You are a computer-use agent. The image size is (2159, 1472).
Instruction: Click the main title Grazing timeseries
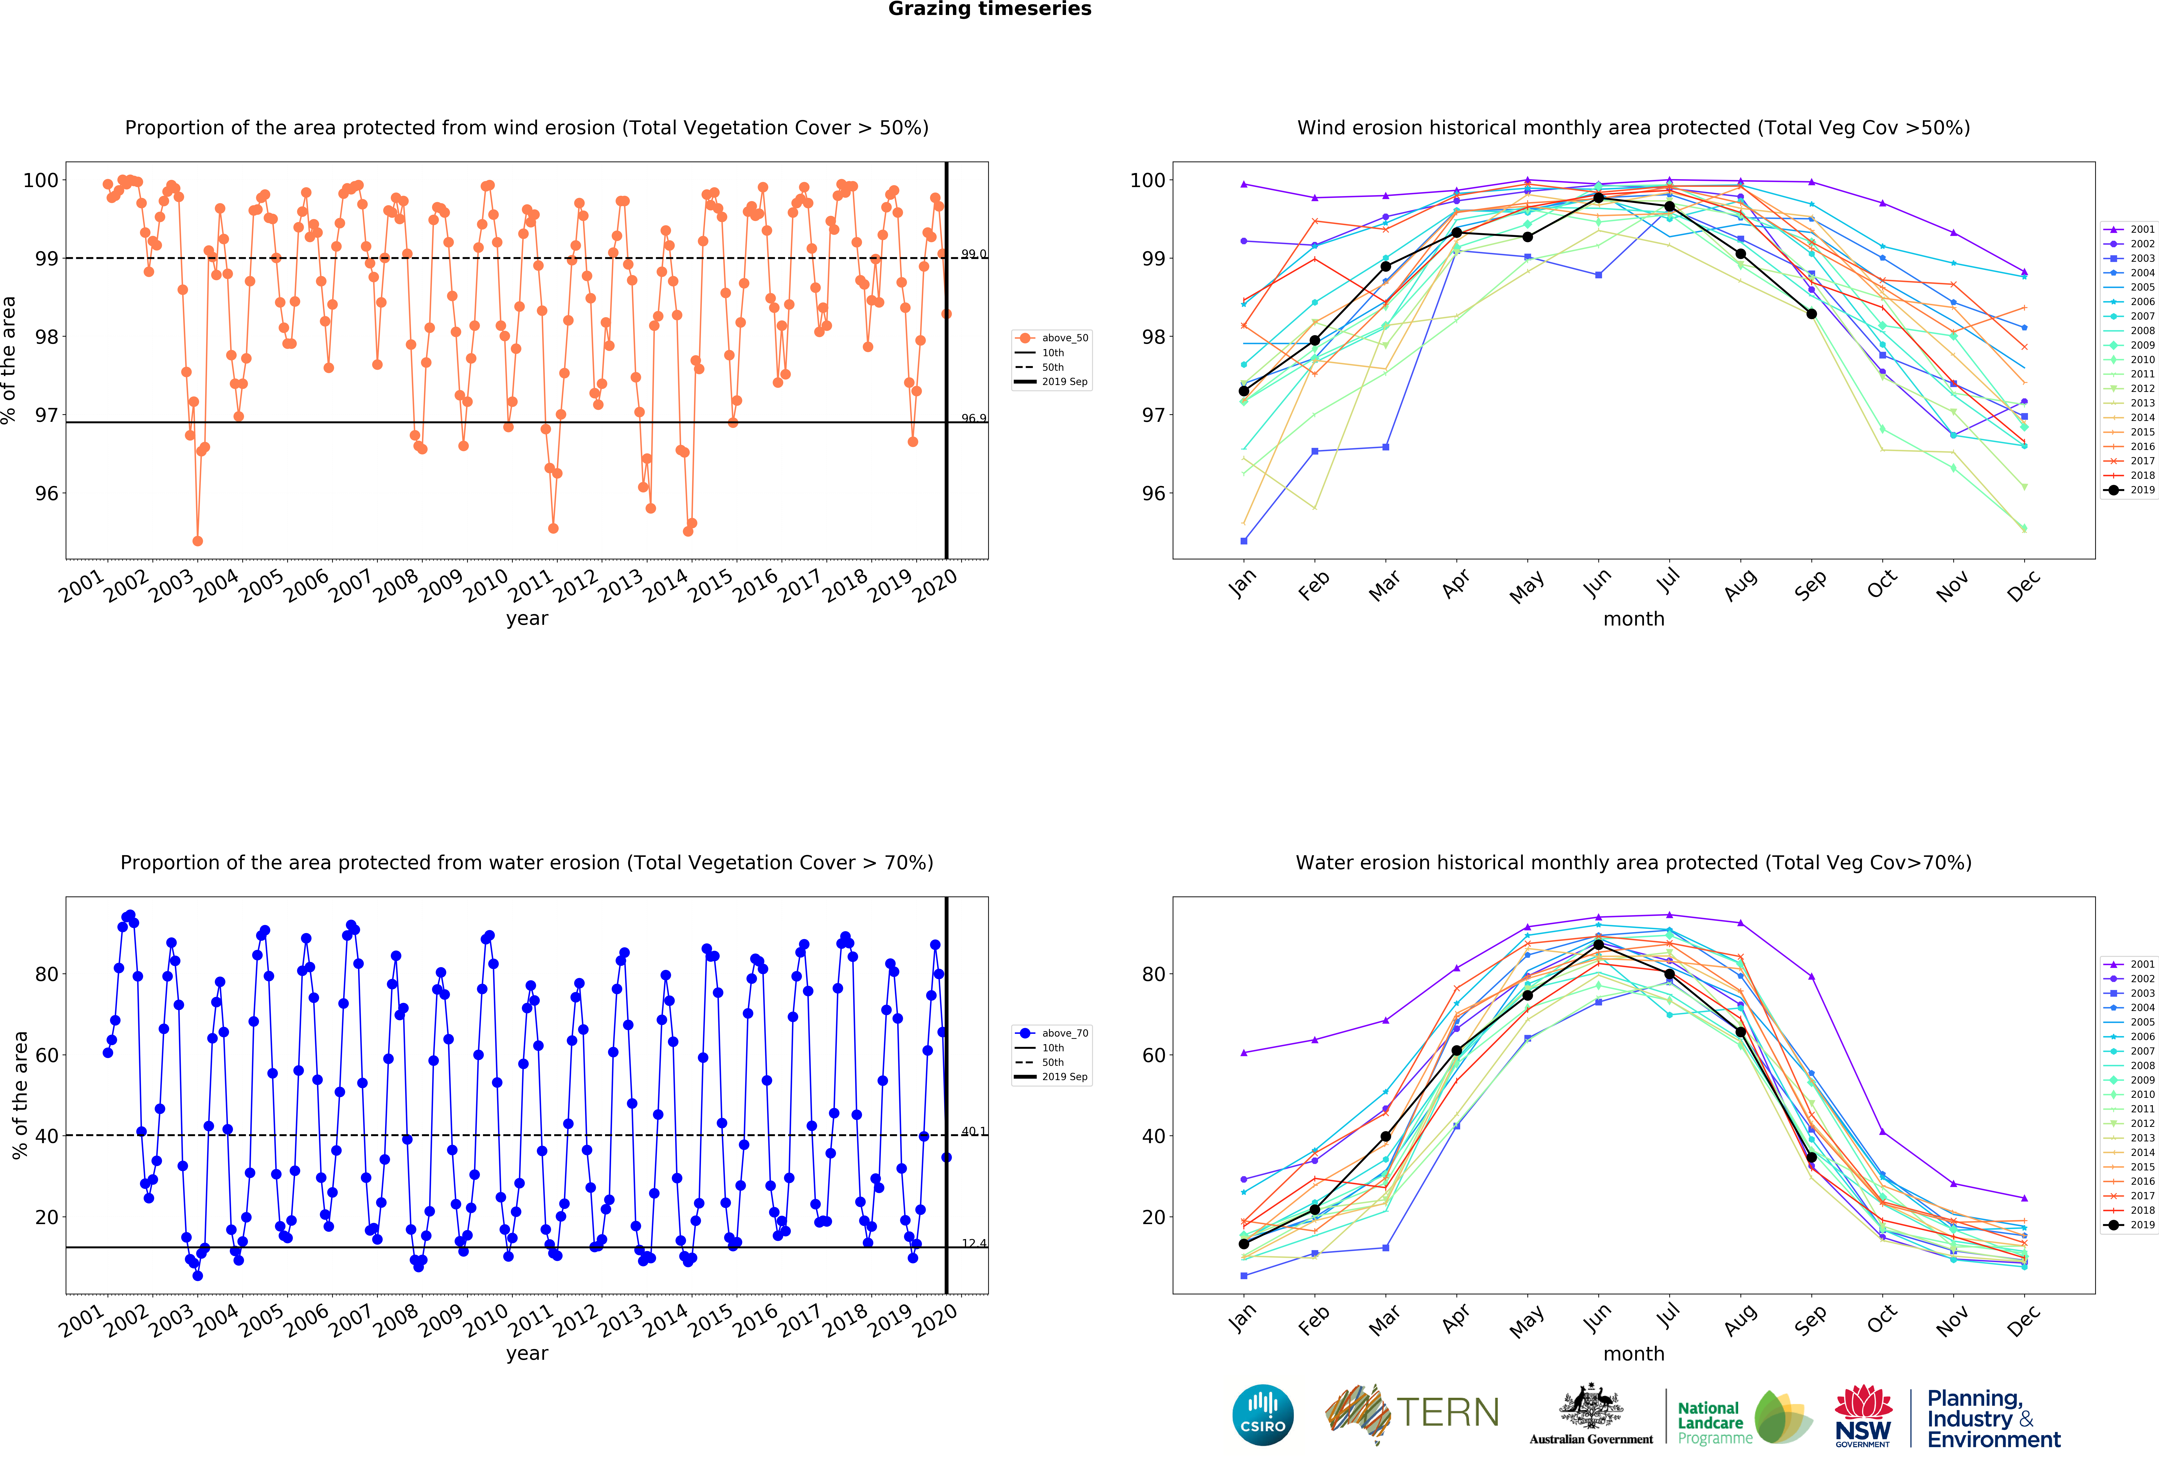coord(989,9)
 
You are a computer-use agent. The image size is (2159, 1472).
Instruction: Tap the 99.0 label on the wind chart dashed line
coord(974,254)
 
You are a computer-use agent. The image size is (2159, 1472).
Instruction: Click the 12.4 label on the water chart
coord(974,1243)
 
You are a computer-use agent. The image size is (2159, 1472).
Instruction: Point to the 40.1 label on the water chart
coord(974,1131)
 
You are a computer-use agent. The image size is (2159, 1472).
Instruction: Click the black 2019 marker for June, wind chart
coord(1598,198)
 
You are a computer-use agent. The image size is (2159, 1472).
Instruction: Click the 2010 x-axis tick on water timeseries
coord(485,1320)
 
